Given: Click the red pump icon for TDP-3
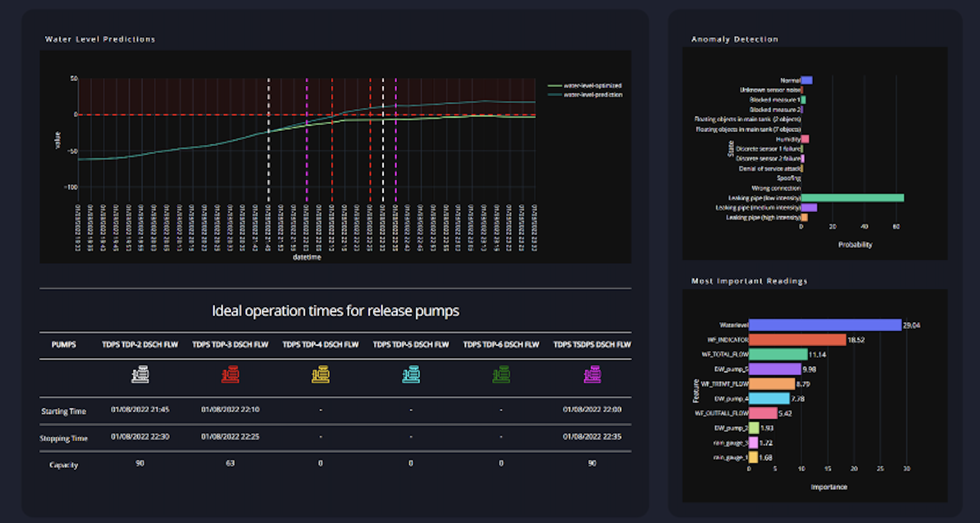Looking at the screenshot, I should pyautogui.click(x=230, y=375).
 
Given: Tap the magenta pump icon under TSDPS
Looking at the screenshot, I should pyautogui.click(x=592, y=375).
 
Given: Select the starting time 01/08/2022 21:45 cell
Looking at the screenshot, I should pyautogui.click(x=140, y=409).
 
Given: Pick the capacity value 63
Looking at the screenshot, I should pyautogui.click(x=230, y=463).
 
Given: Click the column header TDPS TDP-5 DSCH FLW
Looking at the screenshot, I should pyautogui.click(x=411, y=345).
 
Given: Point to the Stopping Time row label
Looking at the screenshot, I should pyautogui.click(x=63, y=438).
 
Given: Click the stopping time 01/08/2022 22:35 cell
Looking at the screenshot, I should pyautogui.click(x=592, y=436).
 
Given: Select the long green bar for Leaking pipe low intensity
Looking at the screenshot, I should pyautogui.click(x=852, y=198).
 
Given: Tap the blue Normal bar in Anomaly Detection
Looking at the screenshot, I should pyautogui.click(x=807, y=80).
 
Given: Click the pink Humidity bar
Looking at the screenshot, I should pyautogui.click(x=805, y=139).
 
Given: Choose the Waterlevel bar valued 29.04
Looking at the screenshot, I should pyautogui.click(x=825, y=325).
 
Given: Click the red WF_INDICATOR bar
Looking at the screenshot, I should pyautogui.click(x=797, y=340).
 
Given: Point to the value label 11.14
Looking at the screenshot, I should pyautogui.click(x=817, y=355).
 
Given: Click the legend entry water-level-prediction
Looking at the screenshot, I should pyautogui.click(x=592, y=95).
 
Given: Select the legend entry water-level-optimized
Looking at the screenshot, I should pyautogui.click(x=592, y=85).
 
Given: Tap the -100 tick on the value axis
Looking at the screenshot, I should pyautogui.click(x=71, y=187).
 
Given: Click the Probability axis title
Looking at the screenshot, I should pyautogui.click(x=855, y=245).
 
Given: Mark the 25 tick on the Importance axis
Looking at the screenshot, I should pyautogui.click(x=880, y=468).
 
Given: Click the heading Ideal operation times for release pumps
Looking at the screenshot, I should pyautogui.click(x=335, y=311).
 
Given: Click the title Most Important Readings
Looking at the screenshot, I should pyautogui.click(x=749, y=281).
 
